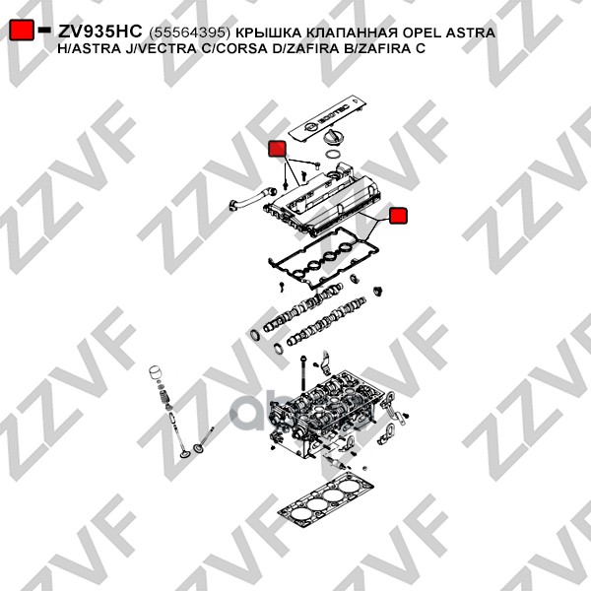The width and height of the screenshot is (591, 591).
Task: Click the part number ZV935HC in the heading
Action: pos(99,32)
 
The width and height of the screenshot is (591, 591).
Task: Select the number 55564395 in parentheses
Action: pos(189,33)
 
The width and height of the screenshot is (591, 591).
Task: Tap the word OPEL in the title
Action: pos(422,33)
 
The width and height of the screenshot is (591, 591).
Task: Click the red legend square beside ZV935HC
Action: pos(22,30)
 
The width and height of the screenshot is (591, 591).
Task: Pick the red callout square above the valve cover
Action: pos(277,149)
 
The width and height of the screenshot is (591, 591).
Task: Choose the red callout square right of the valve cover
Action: pos(398,216)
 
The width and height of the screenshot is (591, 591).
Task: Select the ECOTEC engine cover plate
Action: pos(328,118)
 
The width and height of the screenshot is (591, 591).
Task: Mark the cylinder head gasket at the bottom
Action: pos(326,502)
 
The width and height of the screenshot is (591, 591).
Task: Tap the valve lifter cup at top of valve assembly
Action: pos(156,372)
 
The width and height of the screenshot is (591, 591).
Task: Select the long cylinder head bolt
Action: pos(302,372)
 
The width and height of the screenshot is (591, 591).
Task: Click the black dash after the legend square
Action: pos(44,30)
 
